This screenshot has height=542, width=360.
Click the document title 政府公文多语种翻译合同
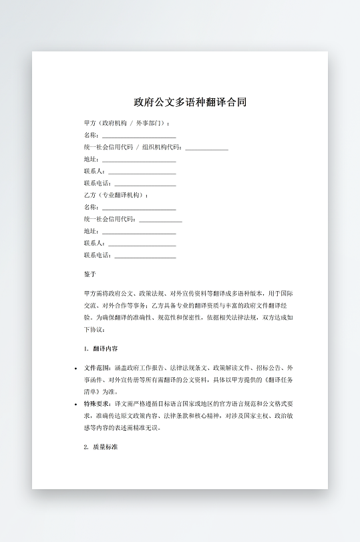[x=190, y=102]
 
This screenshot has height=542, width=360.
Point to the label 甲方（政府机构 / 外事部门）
[x=127, y=123]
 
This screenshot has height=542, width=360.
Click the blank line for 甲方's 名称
[x=138, y=136]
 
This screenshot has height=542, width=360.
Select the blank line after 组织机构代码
[x=206, y=148]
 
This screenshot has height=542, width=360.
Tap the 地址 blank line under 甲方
[x=138, y=160]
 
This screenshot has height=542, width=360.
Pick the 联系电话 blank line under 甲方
[x=145, y=184]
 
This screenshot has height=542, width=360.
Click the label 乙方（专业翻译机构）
[x=116, y=196]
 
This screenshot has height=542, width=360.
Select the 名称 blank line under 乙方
[x=138, y=208]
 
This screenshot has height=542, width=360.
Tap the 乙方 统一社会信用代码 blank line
[x=160, y=220]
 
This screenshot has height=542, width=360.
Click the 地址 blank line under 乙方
[x=138, y=232]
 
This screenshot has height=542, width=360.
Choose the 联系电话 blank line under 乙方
[x=145, y=256]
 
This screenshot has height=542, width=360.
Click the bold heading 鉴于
[x=90, y=274]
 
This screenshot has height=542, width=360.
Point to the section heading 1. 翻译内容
[x=102, y=348]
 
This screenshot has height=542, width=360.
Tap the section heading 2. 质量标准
[x=102, y=447]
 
